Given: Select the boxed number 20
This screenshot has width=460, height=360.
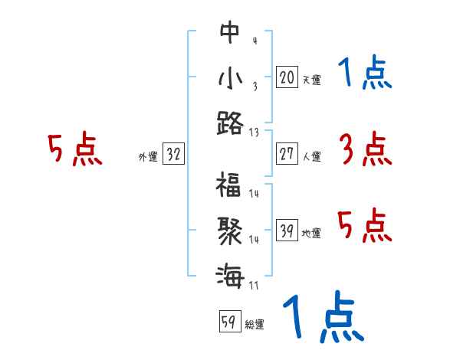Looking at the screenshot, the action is [287, 77].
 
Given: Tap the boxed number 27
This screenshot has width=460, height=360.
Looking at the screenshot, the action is [287, 155].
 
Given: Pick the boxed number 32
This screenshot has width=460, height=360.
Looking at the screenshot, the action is [173, 155].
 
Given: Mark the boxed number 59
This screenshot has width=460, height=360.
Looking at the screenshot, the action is [228, 322].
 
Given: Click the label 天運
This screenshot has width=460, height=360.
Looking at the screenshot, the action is [311, 80].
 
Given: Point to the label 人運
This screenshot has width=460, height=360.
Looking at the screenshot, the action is [311, 157].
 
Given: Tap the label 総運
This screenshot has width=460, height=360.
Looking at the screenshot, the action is [254, 324].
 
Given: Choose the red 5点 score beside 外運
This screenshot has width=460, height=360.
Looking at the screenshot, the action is [74, 149].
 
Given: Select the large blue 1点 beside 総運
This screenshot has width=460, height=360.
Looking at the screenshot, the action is [321, 318].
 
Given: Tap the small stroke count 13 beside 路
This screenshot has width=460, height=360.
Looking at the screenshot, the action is [254, 133].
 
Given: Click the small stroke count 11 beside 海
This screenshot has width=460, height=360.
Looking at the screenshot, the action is [253, 286].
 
